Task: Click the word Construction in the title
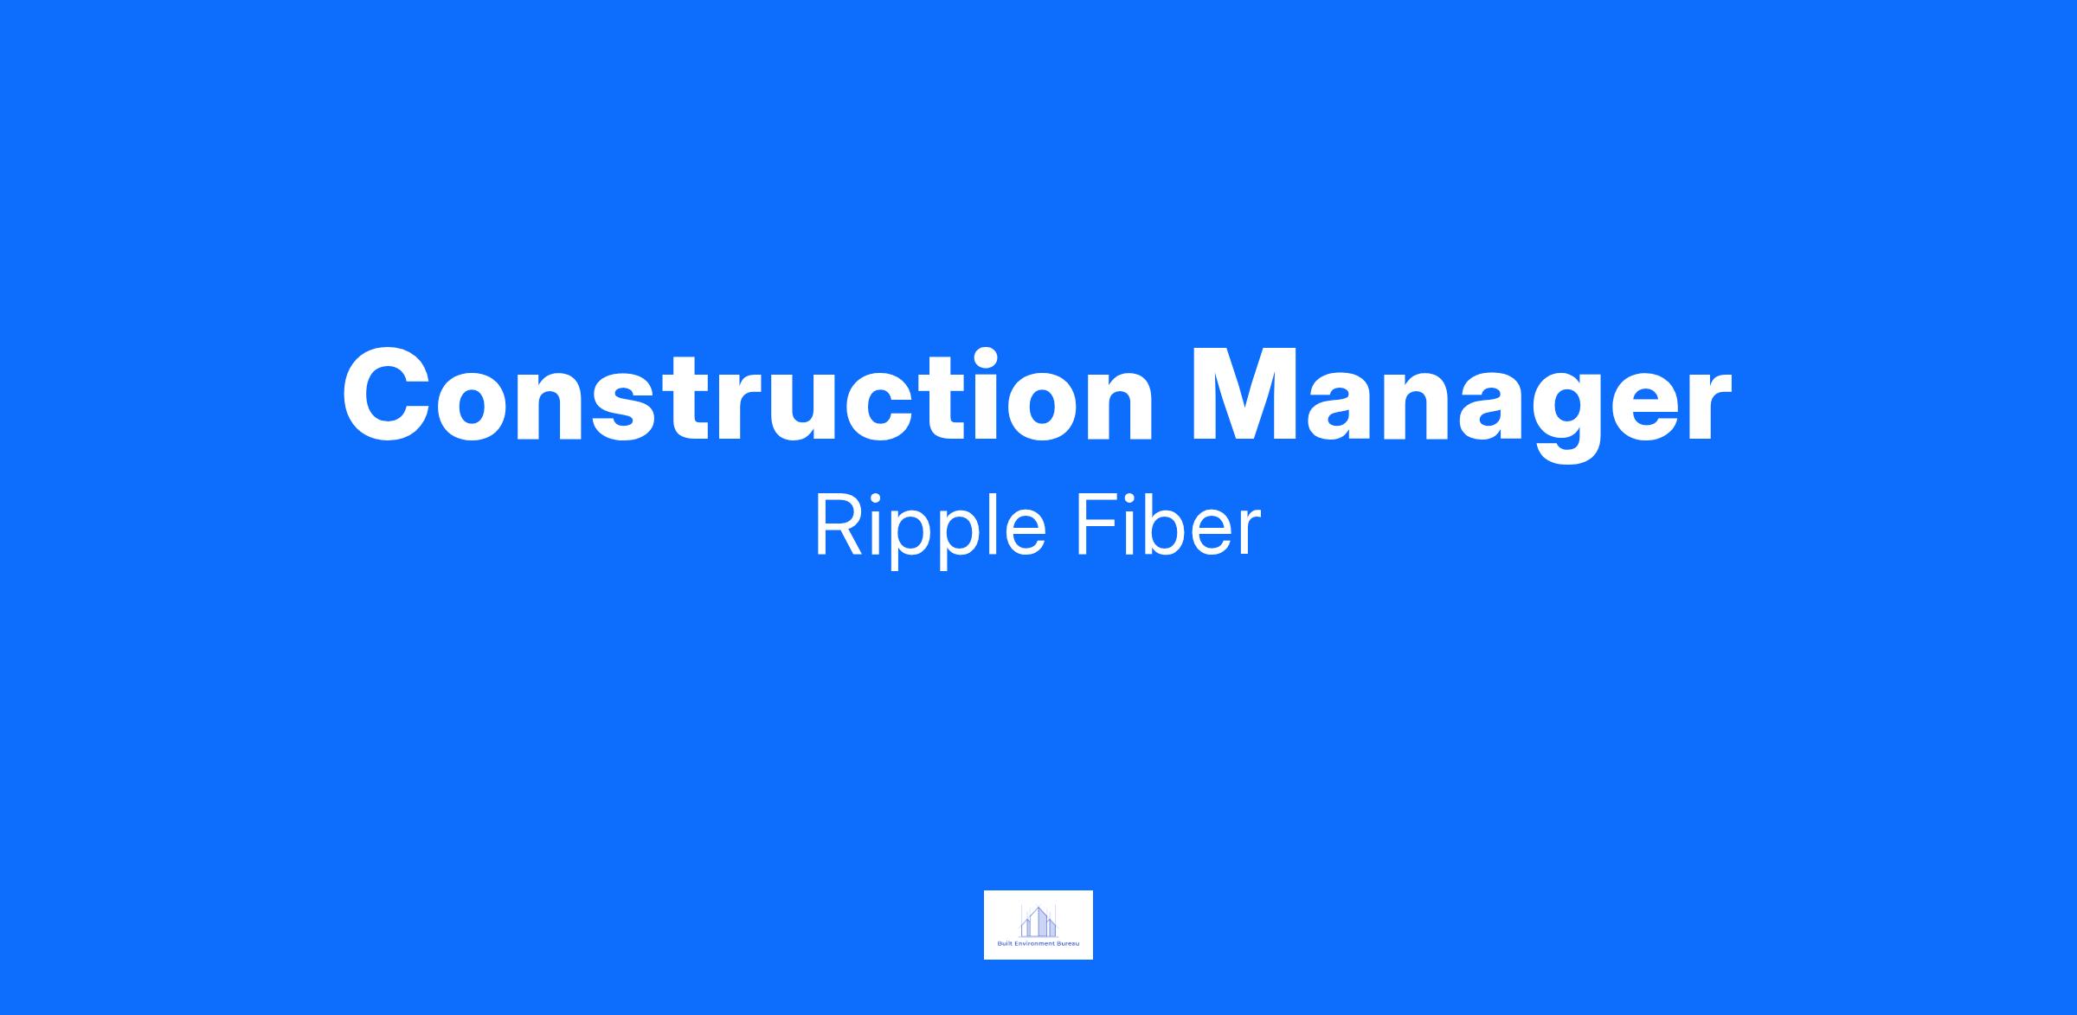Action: (x=749, y=395)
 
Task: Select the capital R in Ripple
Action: (x=838, y=526)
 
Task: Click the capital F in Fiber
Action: (x=1096, y=526)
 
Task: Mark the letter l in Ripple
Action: (x=988, y=525)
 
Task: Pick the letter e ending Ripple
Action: (x=1025, y=534)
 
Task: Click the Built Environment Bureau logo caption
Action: (x=1038, y=944)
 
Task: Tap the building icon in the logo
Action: (x=1038, y=922)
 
